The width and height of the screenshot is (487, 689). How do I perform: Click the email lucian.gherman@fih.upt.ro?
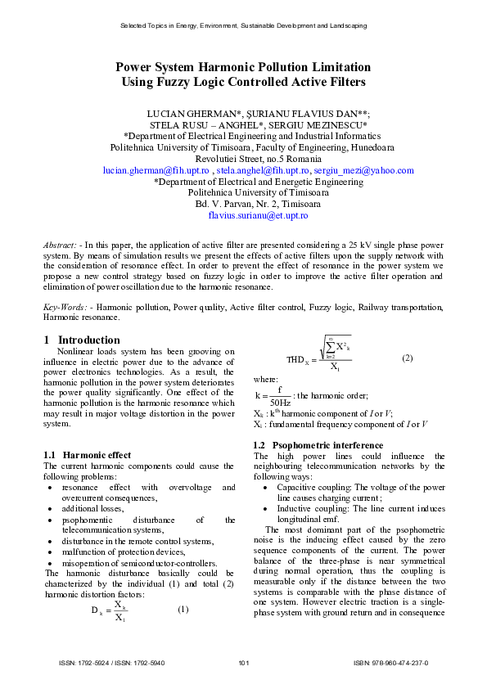(156, 170)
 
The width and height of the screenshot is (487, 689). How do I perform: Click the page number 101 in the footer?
(243, 663)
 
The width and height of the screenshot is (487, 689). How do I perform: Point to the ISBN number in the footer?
(390, 663)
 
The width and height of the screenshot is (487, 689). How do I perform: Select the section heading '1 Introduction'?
(81, 340)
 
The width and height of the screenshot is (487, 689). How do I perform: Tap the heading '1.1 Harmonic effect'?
(86, 454)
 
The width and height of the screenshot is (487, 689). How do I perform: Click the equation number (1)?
(183, 608)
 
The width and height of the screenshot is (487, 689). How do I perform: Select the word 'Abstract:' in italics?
(61, 245)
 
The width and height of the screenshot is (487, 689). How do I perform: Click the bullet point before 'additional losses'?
(53, 508)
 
